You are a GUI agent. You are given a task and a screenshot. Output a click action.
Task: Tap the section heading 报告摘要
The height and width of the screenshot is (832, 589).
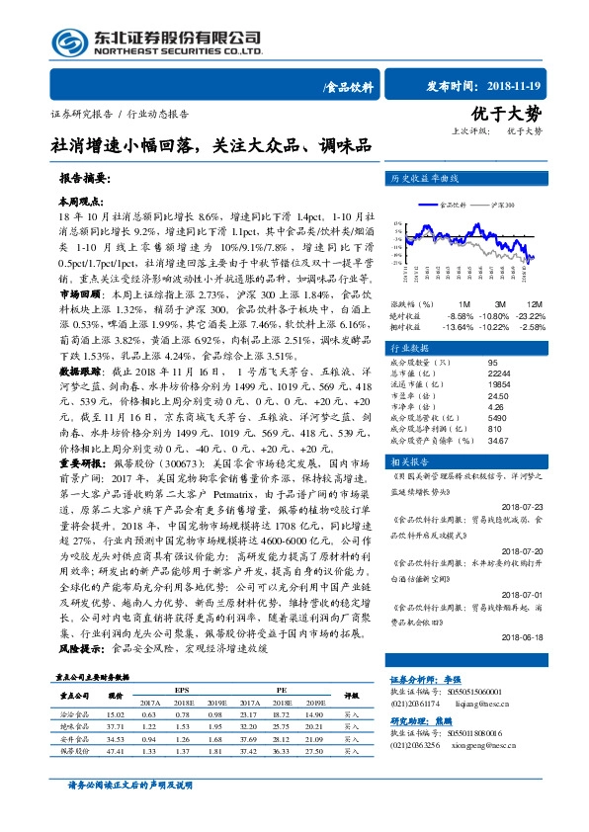tap(84, 181)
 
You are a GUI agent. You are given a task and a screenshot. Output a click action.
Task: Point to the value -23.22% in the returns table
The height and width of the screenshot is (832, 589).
tap(533, 314)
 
